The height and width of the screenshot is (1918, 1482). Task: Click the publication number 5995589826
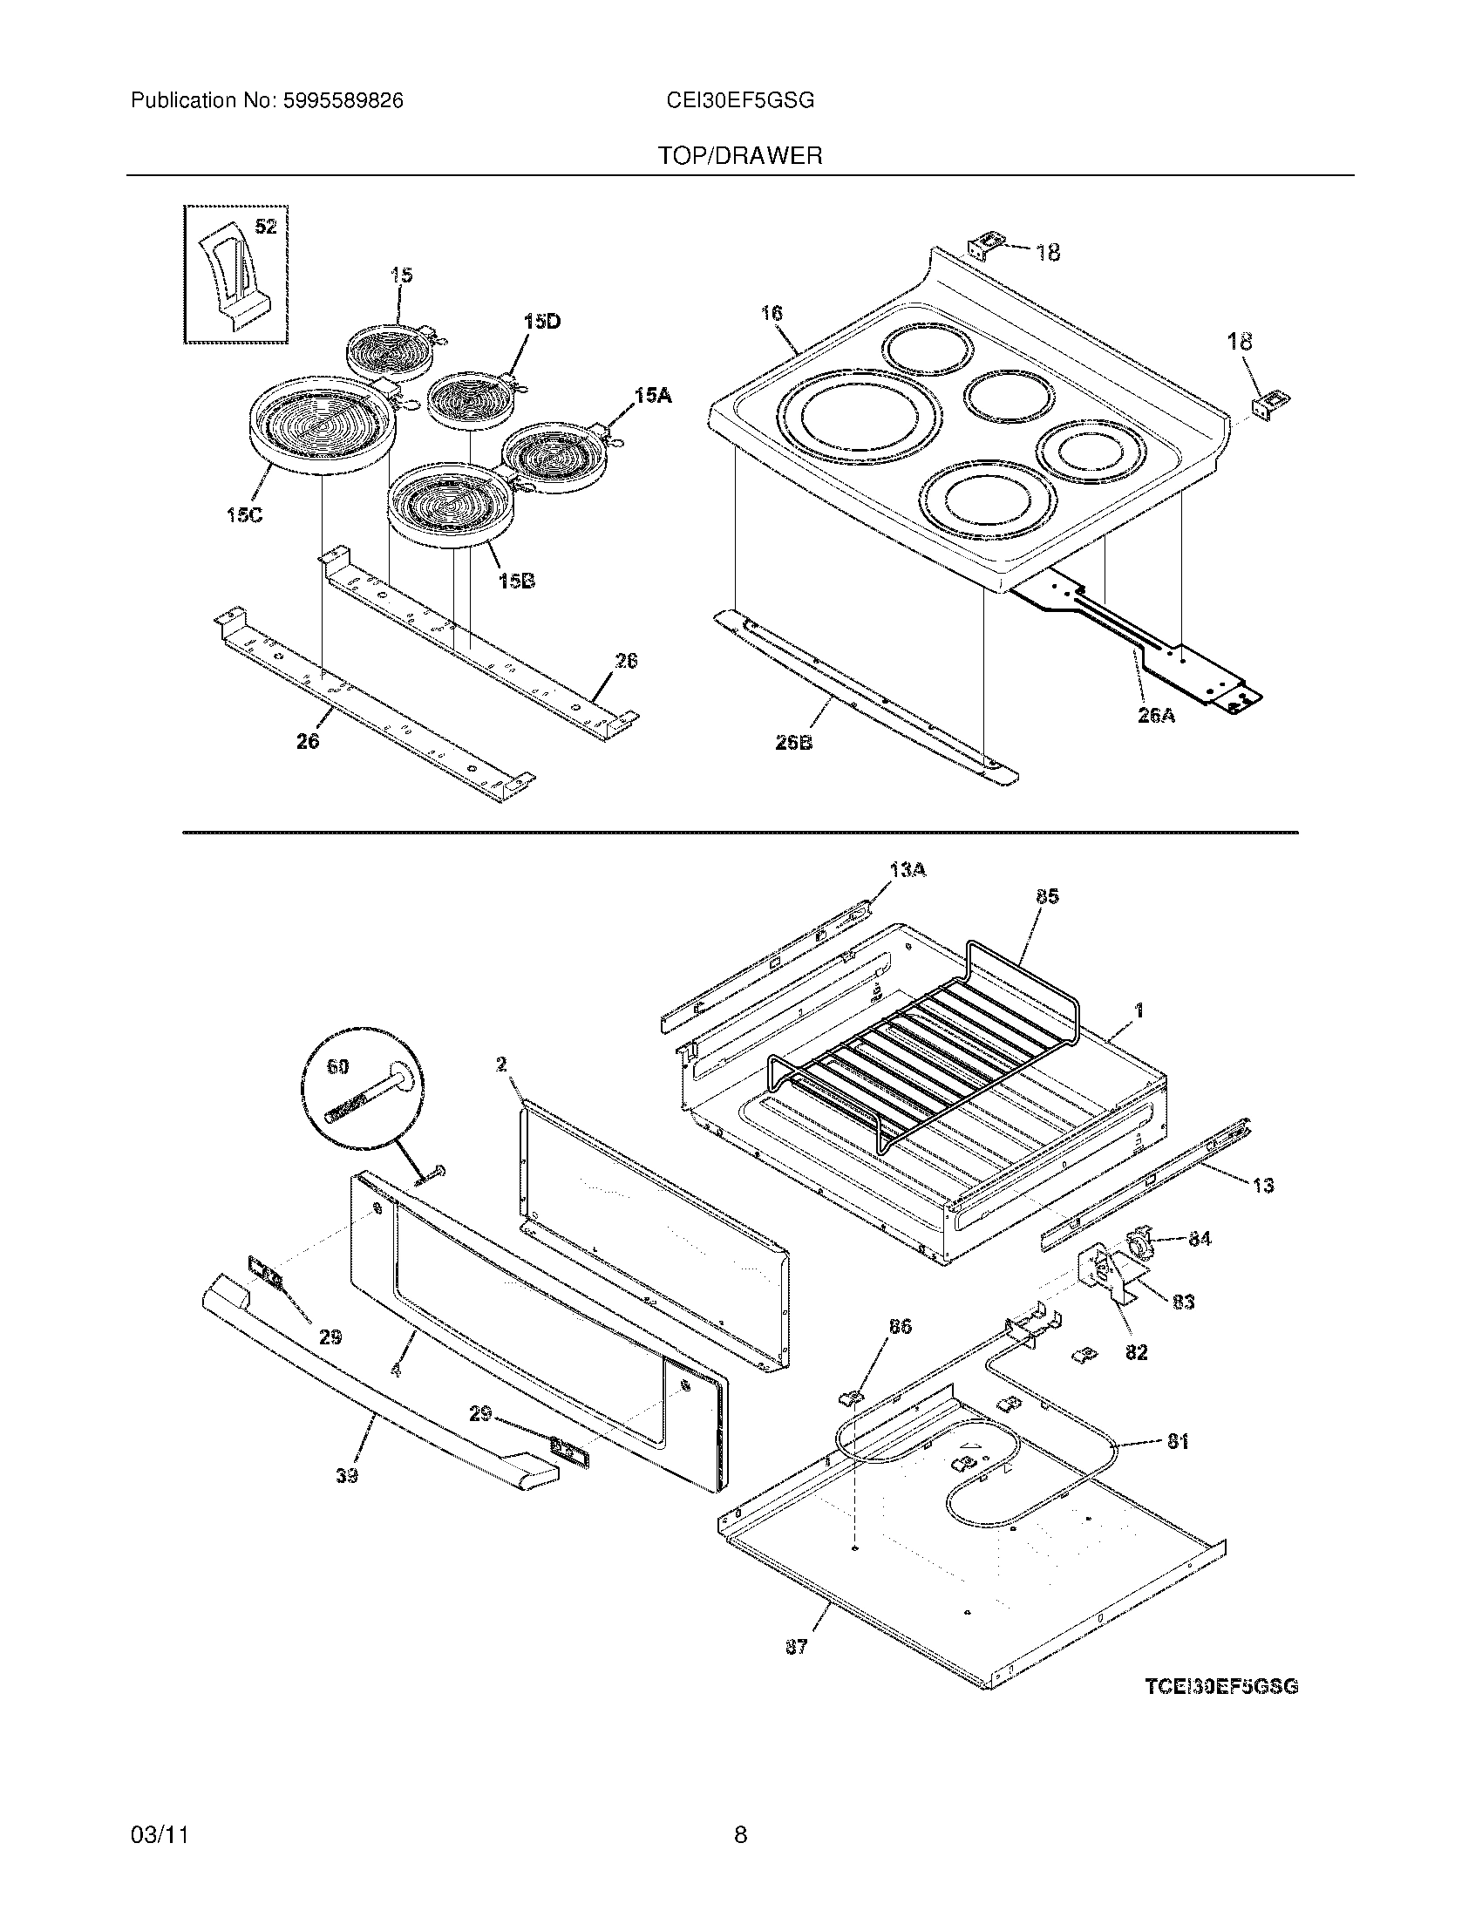[x=343, y=101]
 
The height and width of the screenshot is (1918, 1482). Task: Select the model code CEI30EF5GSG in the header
[x=740, y=101]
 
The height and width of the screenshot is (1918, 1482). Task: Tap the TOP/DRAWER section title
[x=740, y=156]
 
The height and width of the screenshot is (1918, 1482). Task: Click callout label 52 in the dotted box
[x=265, y=228]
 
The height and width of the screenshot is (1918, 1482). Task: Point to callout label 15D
[x=541, y=323]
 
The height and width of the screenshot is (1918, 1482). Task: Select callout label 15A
[x=653, y=397]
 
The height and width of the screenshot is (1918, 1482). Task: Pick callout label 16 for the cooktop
[x=772, y=314]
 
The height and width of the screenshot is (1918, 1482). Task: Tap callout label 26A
[x=1156, y=716]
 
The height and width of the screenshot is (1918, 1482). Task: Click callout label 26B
[x=792, y=742]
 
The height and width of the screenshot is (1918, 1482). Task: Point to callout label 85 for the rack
[x=1046, y=896]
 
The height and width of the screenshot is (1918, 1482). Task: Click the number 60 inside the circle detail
[x=337, y=1067]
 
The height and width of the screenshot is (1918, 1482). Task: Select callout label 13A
[x=908, y=870]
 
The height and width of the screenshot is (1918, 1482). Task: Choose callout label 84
[x=1200, y=1239]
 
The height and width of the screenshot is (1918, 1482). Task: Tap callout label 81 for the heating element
[x=1178, y=1441]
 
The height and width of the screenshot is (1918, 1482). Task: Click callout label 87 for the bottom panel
[x=795, y=1648]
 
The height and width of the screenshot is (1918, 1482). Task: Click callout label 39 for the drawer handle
[x=347, y=1477]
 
